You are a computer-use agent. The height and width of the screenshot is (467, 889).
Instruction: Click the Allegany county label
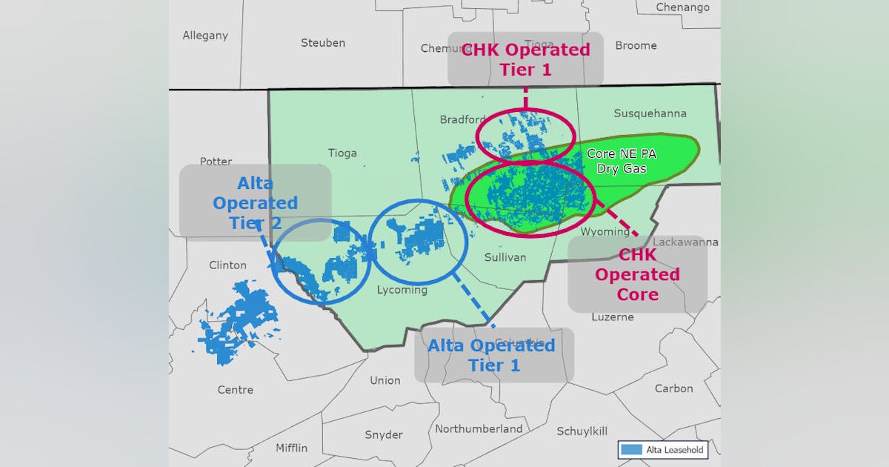click(x=205, y=36)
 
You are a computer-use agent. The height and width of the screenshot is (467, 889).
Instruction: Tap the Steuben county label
click(x=322, y=43)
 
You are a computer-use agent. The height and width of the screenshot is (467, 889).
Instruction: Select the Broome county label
click(x=636, y=45)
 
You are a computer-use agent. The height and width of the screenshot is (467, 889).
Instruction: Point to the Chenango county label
click(x=682, y=7)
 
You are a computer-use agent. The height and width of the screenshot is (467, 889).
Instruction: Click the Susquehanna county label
click(x=650, y=113)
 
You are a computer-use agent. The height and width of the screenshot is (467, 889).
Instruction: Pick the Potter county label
click(x=216, y=161)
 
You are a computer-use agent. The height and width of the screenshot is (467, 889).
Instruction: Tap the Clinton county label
click(x=227, y=265)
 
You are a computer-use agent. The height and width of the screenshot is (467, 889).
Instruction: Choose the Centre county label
click(x=235, y=389)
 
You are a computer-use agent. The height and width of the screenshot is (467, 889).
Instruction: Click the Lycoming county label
click(x=402, y=290)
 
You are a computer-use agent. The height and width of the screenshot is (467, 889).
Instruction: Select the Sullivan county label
click(x=505, y=257)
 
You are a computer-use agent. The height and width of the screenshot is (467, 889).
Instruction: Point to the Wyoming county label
click(x=605, y=231)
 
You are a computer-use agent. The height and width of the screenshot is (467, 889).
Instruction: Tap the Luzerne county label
click(x=612, y=317)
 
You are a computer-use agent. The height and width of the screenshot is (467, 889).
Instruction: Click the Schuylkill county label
click(x=582, y=431)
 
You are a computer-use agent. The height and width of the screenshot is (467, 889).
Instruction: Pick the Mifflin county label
click(x=291, y=448)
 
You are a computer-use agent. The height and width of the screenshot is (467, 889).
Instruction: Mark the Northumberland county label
click(x=478, y=428)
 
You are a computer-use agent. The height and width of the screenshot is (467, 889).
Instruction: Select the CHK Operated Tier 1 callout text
click(x=525, y=59)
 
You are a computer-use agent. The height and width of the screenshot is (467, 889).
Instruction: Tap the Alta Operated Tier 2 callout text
click(x=255, y=202)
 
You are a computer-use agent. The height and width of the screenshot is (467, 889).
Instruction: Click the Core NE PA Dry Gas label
click(x=621, y=161)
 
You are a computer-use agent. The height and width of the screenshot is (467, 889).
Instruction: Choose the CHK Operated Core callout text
click(x=637, y=274)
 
